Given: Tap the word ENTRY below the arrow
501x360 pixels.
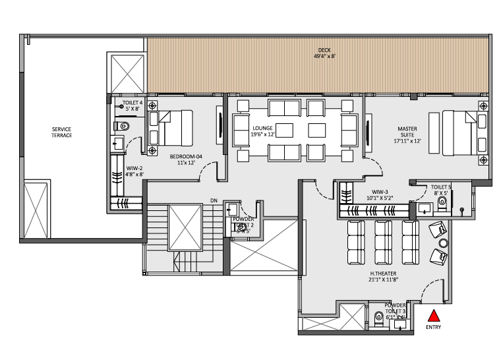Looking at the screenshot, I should [433, 326].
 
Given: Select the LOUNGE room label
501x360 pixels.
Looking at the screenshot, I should [262, 129].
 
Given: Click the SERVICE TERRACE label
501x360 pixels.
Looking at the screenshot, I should [62, 132].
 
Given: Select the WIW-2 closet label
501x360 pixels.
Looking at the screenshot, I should [135, 168].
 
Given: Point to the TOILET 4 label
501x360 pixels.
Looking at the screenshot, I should [133, 104].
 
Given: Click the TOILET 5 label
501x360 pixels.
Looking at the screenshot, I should [441, 187].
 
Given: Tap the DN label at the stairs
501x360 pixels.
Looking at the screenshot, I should [214, 200].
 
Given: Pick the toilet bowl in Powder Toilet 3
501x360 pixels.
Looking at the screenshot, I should [376, 319].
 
